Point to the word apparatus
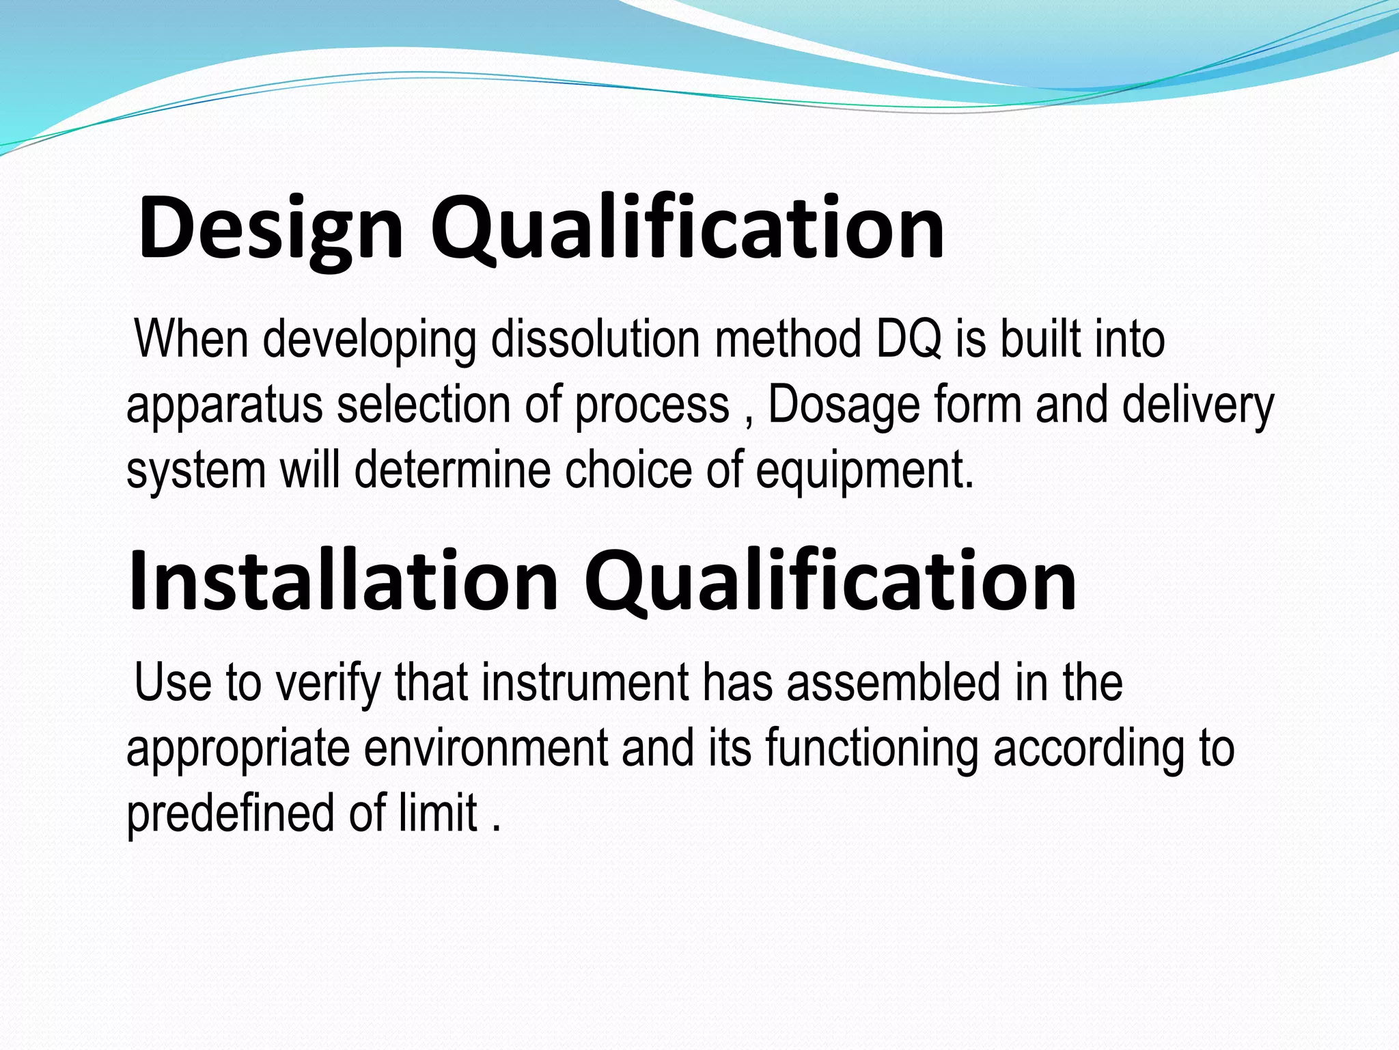[224, 405]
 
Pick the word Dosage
[844, 405]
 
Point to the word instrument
[585, 682]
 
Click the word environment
[486, 748]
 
